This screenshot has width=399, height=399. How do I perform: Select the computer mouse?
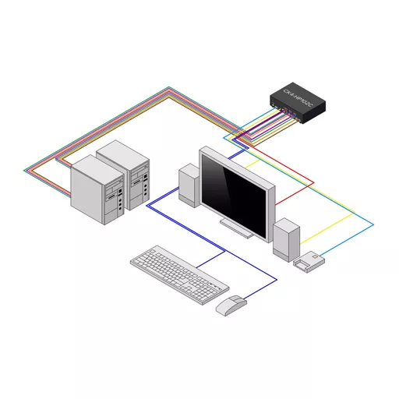tap(231, 305)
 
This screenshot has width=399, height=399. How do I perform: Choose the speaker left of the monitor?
tap(189, 185)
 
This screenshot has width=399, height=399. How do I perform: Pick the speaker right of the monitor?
tap(286, 238)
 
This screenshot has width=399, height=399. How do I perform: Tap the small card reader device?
tap(309, 261)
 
